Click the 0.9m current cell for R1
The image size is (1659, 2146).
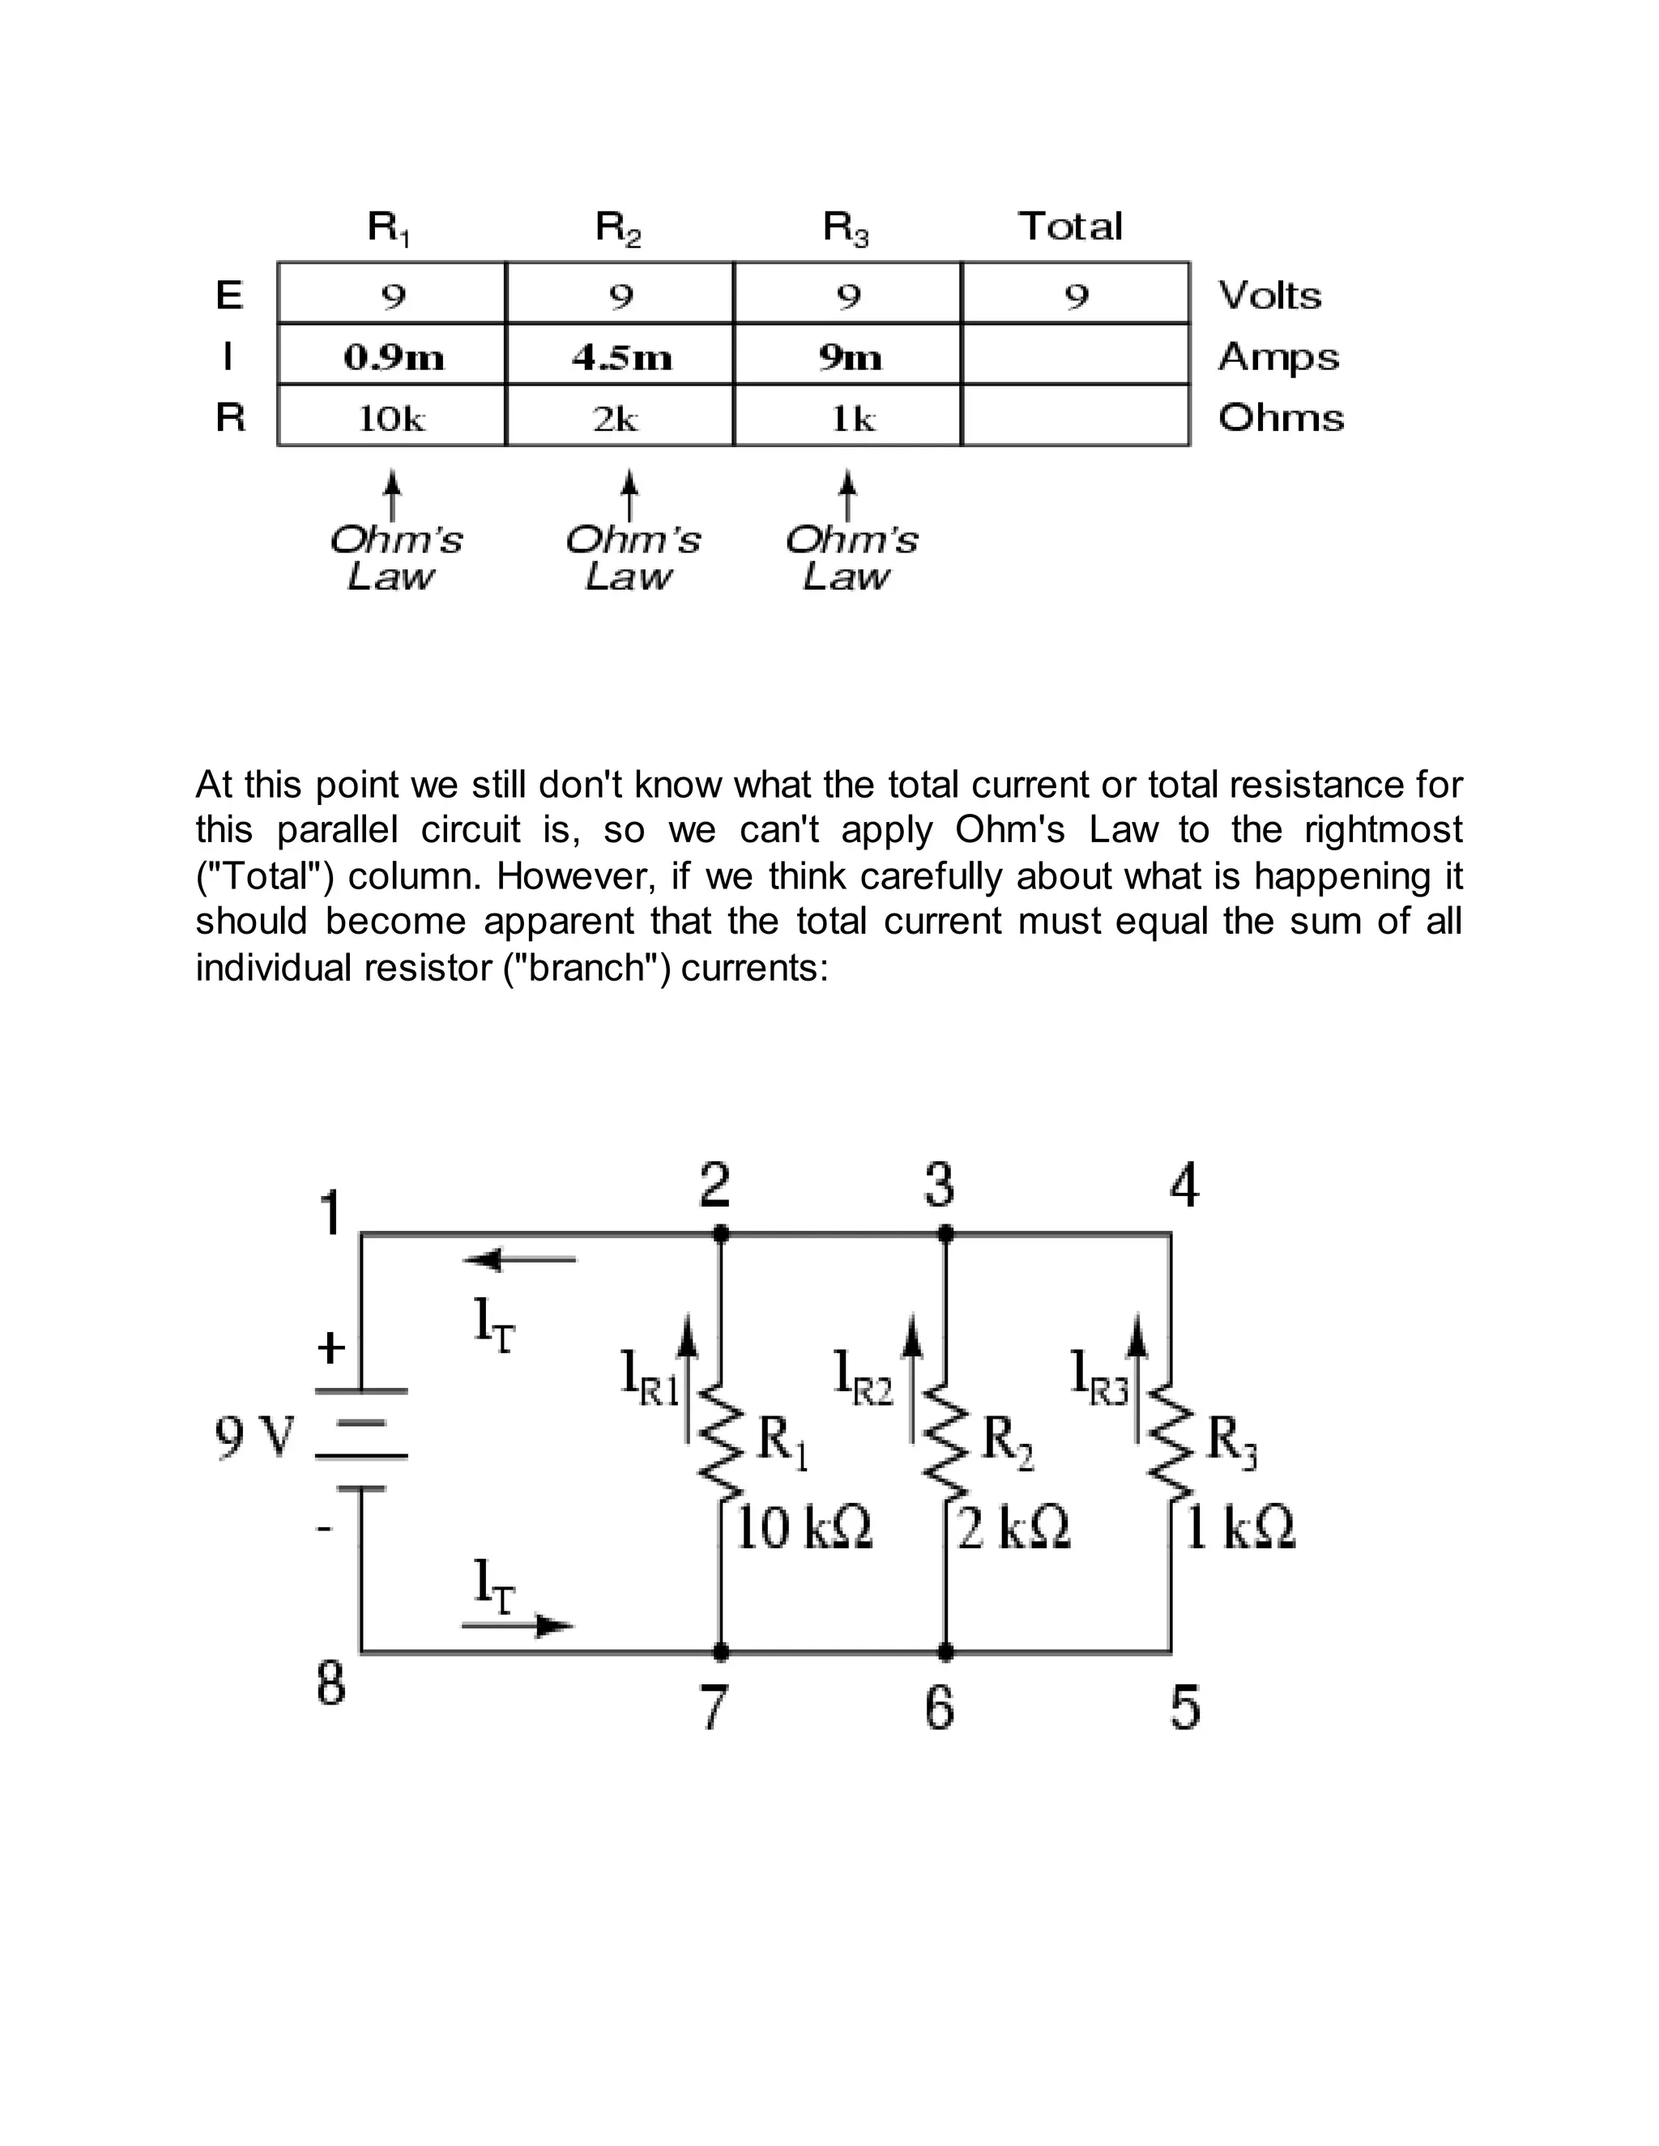pos(392,356)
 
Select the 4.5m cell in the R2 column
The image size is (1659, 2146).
pos(621,356)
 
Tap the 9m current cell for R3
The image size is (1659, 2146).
pos(849,356)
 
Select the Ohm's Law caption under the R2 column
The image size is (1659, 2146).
pos(632,557)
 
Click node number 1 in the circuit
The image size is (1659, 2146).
pos(331,1214)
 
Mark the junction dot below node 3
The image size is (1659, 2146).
pos(945,1233)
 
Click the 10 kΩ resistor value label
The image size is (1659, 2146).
pos(804,1528)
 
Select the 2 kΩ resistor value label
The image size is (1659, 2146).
pos(1014,1528)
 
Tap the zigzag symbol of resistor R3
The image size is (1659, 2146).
pos(1170,1443)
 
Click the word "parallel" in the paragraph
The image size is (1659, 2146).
pos(336,830)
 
